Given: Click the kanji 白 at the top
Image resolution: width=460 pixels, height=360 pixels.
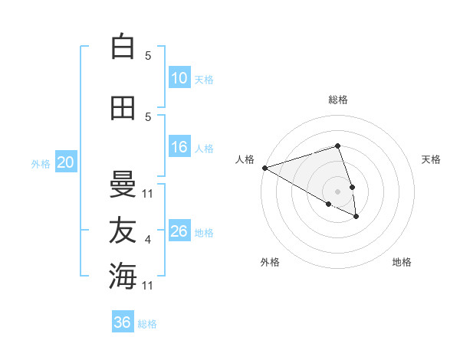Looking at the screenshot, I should point(123,47).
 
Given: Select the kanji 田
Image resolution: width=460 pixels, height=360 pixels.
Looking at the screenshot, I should point(123,108).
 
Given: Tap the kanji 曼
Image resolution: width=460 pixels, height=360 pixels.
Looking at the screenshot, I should point(123,185).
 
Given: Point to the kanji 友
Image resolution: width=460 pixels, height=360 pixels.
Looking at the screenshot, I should point(123,231).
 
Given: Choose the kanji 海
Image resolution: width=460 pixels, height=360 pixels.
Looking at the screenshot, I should point(123,276).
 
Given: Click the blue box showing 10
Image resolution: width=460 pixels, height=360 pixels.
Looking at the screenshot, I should point(179,78).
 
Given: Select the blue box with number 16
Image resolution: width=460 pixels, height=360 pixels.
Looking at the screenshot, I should point(179,147).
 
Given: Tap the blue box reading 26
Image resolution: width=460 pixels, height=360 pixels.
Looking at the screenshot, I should point(179,231).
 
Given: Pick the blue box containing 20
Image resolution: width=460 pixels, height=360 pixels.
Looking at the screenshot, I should point(65,162).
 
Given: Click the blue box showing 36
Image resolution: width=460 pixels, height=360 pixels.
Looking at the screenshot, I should point(123,322).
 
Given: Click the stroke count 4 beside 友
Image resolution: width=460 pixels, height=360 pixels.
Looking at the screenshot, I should point(148,241).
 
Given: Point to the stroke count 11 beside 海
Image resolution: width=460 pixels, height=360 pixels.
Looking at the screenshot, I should point(149,286).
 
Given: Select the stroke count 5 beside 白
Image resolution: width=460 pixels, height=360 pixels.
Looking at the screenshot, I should point(148,56).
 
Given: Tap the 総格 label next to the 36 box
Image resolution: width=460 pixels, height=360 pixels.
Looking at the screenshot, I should point(147,324).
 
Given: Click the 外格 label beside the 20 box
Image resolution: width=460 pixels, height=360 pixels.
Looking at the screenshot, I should point(40,163).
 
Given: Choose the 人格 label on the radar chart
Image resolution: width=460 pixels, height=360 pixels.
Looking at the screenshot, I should point(245,159).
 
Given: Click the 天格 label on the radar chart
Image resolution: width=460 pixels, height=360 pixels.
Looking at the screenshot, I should point(432,159).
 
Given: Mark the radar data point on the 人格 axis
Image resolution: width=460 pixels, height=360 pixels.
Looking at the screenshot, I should point(264,168).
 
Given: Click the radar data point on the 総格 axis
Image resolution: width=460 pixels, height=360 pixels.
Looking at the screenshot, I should point(337,146).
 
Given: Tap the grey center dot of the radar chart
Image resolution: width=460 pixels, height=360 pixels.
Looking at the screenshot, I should point(337,191).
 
